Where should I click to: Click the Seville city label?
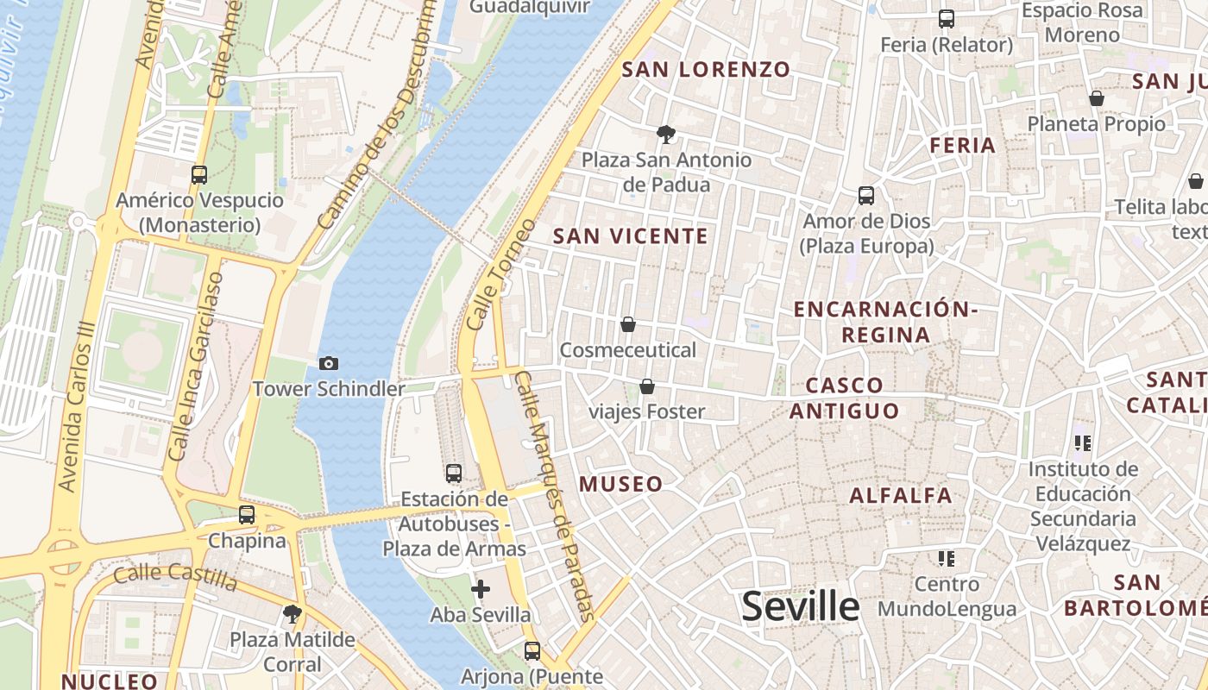[x=801, y=606]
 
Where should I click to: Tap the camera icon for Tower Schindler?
[x=329, y=364]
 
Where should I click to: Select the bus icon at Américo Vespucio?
[x=199, y=175]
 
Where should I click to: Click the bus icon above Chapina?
[x=247, y=515]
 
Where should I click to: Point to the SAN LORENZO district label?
[x=706, y=70]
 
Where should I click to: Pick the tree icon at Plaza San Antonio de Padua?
[x=665, y=135]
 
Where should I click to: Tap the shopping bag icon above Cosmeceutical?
[x=628, y=325]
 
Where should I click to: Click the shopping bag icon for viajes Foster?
[x=646, y=386]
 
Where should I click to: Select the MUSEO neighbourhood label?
[x=621, y=484]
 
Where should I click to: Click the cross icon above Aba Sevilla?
[x=481, y=590]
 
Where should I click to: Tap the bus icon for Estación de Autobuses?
[x=454, y=474]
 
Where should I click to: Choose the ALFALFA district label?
[x=901, y=496]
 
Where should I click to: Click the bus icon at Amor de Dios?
[x=866, y=196]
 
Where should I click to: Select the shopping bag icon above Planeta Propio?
[x=1097, y=99]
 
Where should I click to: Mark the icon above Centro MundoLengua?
[x=947, y=559]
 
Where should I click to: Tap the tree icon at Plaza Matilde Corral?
[x=293, y=614]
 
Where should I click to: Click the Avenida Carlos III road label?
[x=79, y=418]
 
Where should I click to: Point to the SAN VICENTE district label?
[x=630, y=236]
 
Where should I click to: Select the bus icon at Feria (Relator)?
[x=947, y=19]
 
